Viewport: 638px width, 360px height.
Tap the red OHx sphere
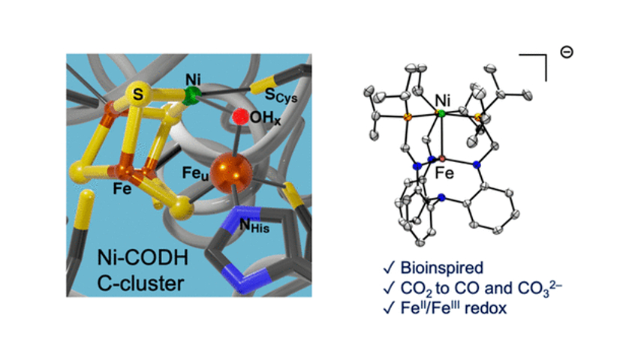point(240,118)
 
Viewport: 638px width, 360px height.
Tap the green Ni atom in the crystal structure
point(441,113)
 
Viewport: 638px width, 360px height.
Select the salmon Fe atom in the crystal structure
point(442,159)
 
